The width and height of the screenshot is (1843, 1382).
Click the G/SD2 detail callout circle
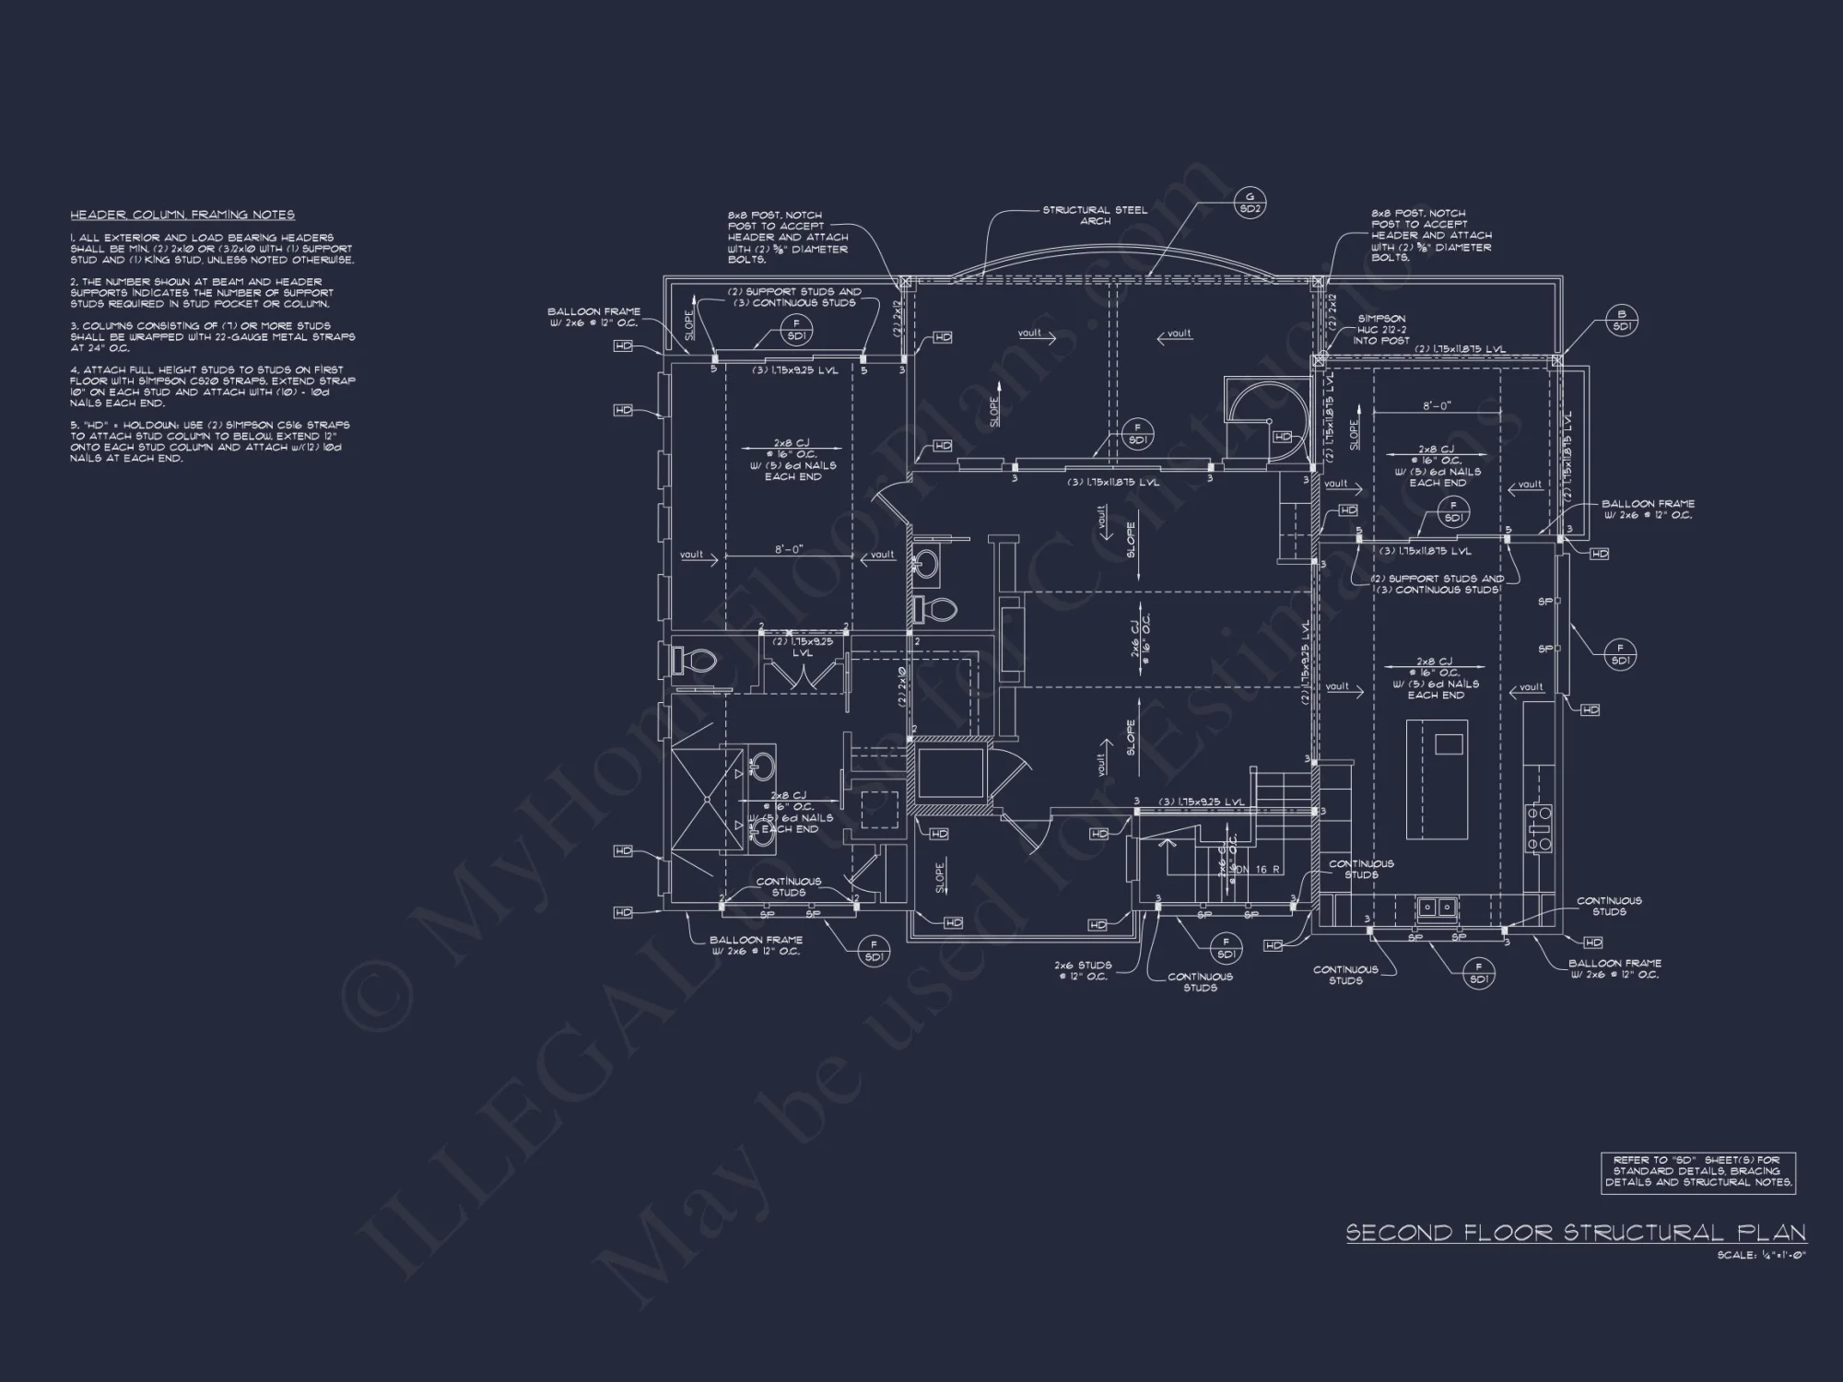click(x=1250, y=203)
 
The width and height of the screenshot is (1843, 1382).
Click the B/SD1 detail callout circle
click(x=1623, y=320)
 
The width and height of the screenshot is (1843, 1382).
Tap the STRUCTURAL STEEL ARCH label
click(x=1095, y=215)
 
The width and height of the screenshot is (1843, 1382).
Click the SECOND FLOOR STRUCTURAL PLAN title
click(x=1575, y=1233)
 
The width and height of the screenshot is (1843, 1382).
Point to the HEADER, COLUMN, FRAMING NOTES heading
click(x=182, y=215)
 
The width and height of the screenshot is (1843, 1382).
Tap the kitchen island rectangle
click(x=1437, y=779)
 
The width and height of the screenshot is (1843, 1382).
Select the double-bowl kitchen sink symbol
click(x=1436, y=908)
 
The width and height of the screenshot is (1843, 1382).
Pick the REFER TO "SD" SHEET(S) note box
click(x=1697, y=1172)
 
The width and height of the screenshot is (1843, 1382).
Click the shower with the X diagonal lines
click(x=707, y=801)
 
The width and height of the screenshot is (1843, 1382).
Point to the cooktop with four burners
click(x=1540, y=826)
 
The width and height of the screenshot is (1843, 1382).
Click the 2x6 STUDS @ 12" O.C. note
click(x=1083, y=970)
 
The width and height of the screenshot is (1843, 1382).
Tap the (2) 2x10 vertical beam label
click(x=903, y=686)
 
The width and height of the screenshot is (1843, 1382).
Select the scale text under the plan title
click(x=1761, y=1255)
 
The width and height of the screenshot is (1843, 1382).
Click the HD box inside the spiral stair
click(x=1282, y=437)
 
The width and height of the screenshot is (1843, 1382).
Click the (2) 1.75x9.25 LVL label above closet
click(x=803, y=646)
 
